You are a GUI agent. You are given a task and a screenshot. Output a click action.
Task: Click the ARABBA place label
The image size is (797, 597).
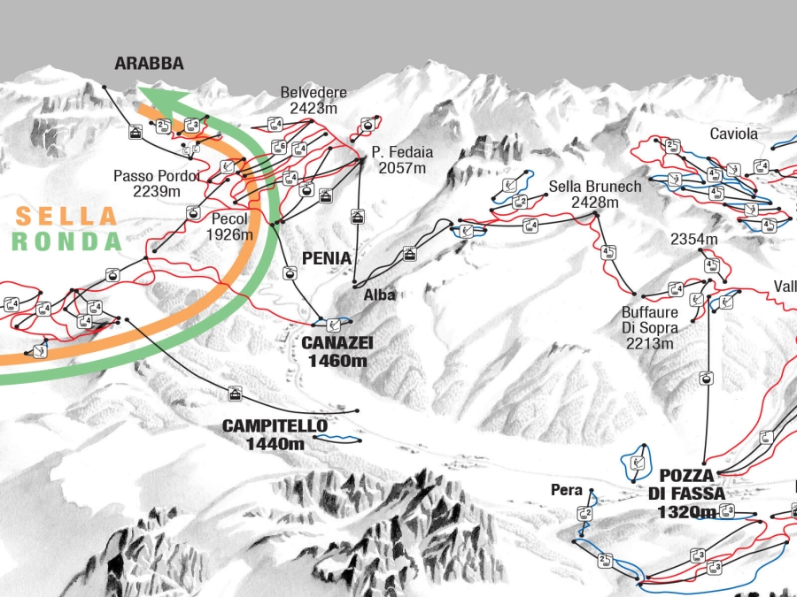click(x=149, y=64)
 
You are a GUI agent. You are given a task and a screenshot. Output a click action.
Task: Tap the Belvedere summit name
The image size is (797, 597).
click(x=313, y=93)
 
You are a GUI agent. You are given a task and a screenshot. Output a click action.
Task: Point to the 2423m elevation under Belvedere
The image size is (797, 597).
click(x=313, y=109)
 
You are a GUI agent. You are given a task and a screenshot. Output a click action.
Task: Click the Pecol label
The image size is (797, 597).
click(x=229, y=219)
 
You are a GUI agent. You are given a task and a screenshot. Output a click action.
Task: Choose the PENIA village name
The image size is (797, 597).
click(x=327, y=258)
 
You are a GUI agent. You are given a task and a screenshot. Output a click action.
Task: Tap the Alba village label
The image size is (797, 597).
click(x=378, y=295)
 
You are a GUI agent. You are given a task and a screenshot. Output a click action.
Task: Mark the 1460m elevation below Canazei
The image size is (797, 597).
click(x=337, y=360)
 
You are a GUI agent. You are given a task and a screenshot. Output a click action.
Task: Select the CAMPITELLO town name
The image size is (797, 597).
click(x=275, y=426)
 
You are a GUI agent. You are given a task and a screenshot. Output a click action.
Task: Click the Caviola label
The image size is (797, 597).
click(x=734, y=134)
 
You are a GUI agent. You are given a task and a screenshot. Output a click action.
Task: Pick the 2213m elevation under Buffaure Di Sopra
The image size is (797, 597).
click(x=649, y=343)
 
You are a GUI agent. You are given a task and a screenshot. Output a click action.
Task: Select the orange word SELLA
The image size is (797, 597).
click(x=66, y=216)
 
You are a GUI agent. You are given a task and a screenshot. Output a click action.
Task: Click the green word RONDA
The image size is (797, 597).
click(x=66, y=241)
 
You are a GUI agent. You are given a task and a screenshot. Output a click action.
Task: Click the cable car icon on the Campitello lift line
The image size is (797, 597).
click(x=235, y=393)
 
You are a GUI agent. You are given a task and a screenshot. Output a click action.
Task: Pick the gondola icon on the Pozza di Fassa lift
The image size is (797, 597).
click(x=706, y=379)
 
